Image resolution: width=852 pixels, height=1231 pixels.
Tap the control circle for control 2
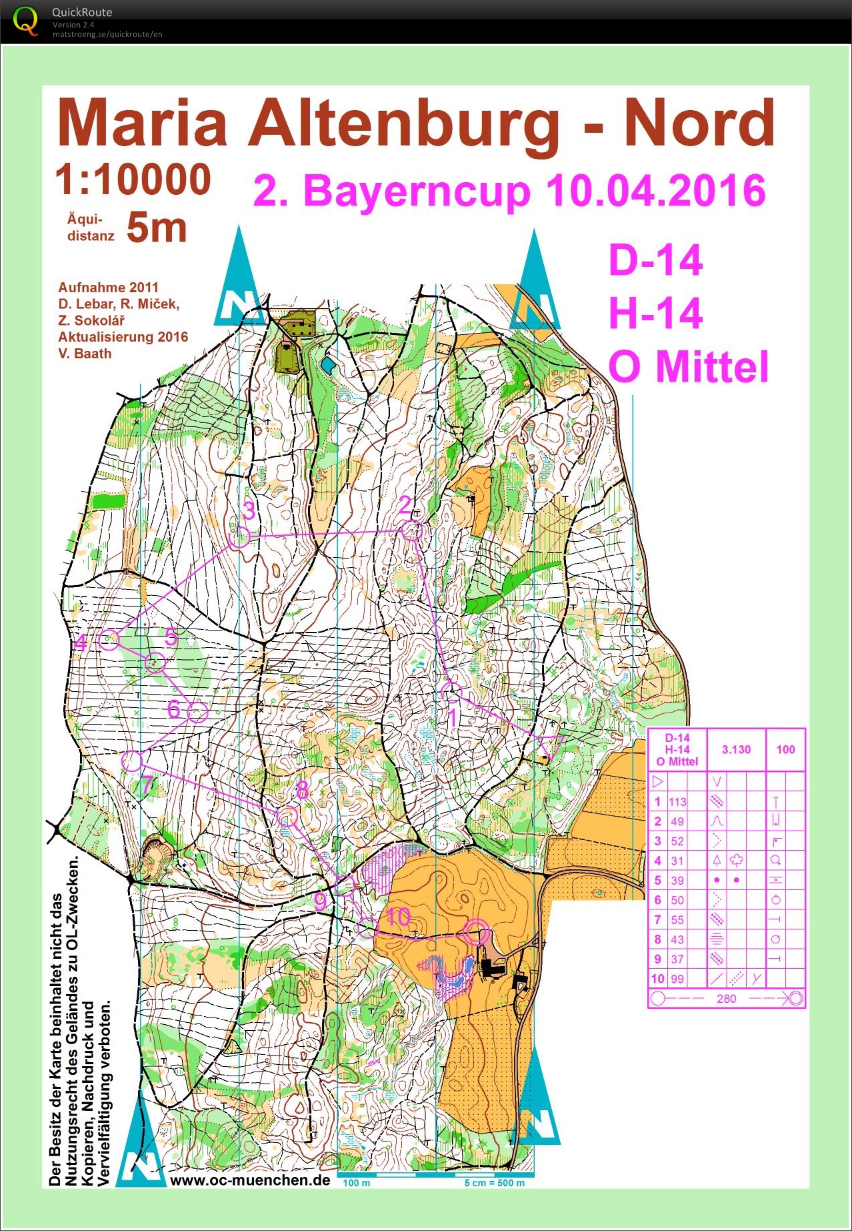[412, 531]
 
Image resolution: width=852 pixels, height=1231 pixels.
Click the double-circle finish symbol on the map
[477, 933]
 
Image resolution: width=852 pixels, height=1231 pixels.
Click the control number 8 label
[303, 790]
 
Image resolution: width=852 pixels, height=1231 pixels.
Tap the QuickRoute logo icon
[25, 21]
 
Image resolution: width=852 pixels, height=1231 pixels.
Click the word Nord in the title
[699, 123]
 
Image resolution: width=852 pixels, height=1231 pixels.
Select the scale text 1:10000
[133, 180]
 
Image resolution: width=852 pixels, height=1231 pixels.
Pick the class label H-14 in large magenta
[656, 313]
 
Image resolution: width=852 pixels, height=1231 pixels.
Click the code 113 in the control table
[677, 802]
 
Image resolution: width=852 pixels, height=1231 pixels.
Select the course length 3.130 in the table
[736, 749]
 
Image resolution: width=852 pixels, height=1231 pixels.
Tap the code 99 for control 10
[677, 979]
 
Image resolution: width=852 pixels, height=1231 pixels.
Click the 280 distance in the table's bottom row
[726, 999]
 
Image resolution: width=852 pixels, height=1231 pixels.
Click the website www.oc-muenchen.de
[250, 1180]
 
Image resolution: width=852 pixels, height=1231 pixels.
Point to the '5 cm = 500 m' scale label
[494, 1183]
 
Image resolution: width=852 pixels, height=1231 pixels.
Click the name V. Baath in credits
[85, 354]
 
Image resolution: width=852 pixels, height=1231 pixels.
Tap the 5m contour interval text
[157, 228]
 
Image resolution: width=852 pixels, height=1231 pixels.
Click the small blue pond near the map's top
[327, 365]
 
